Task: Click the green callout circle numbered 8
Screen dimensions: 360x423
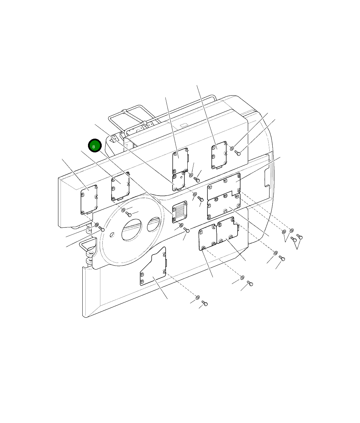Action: coord(95,145)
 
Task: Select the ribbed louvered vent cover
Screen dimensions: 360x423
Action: coord(180,212)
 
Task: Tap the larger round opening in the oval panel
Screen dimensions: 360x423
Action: coord(131,229)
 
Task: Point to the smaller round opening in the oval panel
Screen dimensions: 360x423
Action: coord(154,224)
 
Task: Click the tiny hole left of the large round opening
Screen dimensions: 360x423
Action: coord(112,235)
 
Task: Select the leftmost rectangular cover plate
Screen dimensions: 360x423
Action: coord(89,200)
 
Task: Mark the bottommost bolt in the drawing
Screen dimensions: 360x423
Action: coord(205,303)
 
